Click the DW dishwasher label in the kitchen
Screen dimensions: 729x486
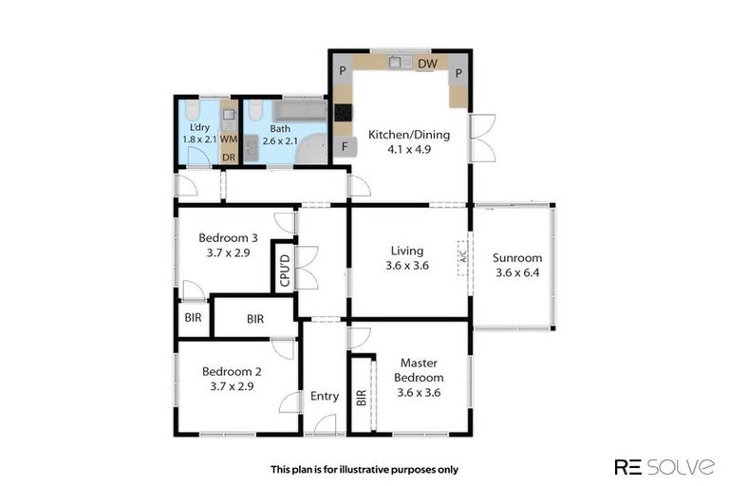[x=427, y=64]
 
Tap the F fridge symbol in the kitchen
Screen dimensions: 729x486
[x=345, y=146]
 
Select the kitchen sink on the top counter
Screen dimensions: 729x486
[x=401, y=62]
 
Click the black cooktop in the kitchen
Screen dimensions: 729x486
[x=343, y=112]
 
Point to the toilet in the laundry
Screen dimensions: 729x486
[x=192, y=110]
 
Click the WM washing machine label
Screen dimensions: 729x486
[x=228, y=139]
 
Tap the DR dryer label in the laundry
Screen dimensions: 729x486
[x=228, y=158]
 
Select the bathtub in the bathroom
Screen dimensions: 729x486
[x=299, y=110]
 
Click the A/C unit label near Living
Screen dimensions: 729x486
[x=463, y=257]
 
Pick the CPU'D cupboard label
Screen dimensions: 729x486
[x=285, y=270]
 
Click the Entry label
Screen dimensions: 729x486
[x=325, y=396]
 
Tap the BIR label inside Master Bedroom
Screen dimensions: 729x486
[x=362, y=398]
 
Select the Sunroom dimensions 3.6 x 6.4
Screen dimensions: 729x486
[x=517, y=272]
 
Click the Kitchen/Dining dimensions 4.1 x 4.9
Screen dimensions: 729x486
[x=409, y=149]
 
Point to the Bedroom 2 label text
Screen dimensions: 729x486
[x=232, y=371]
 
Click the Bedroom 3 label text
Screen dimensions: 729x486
[x=228, y=237]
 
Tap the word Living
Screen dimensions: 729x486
[x=407, y=251]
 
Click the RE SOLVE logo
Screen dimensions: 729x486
[x=664, y=466]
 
